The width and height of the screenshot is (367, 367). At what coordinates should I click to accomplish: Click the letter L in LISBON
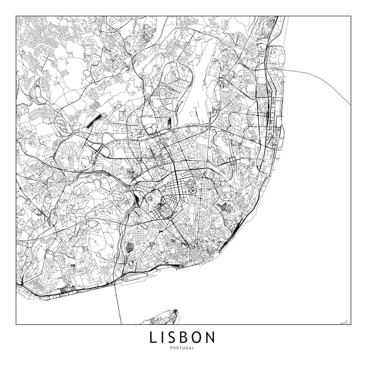[x=153, y=337]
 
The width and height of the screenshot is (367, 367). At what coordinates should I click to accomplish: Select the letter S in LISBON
[x=175, y=337]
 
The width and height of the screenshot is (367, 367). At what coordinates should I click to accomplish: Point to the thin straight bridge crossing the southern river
[x=118, y=305]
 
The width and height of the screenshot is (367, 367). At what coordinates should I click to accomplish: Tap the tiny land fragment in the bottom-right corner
[x=344, y=323]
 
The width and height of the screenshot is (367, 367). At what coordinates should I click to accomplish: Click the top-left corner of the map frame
[x=16, y=16]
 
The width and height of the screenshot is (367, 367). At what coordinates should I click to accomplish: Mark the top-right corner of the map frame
[x=351, y=16]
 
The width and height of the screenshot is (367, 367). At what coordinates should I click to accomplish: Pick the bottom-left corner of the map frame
[x=16, y=324]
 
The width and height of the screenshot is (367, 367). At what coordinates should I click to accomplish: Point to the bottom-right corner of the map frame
[x=351, y=324]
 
